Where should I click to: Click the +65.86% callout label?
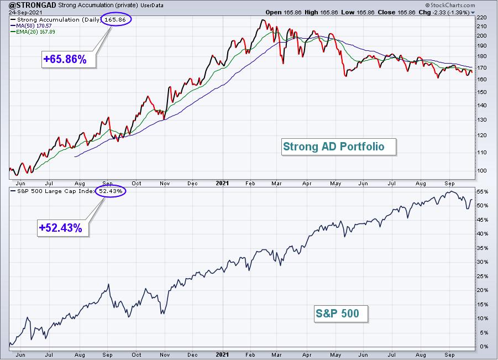point(65,59)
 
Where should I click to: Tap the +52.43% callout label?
point(61,228)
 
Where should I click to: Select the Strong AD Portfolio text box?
point(339,147)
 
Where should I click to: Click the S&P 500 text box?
point(341,314)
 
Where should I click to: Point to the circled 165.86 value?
point(116,19)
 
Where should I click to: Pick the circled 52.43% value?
point(111,191)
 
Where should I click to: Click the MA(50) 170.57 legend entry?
point(31,26)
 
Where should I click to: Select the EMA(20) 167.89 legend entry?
point(33,32)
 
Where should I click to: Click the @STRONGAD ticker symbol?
point(33,6)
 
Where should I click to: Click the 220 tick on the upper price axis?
point(481,18)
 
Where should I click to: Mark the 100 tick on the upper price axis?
point(481,171)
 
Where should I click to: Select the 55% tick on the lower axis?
point(482,191)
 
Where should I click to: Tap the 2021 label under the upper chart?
point(222,183)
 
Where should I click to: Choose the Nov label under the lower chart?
point(165,354)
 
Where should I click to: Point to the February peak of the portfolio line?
point(263,20)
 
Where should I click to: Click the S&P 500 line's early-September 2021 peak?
point(450,191)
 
